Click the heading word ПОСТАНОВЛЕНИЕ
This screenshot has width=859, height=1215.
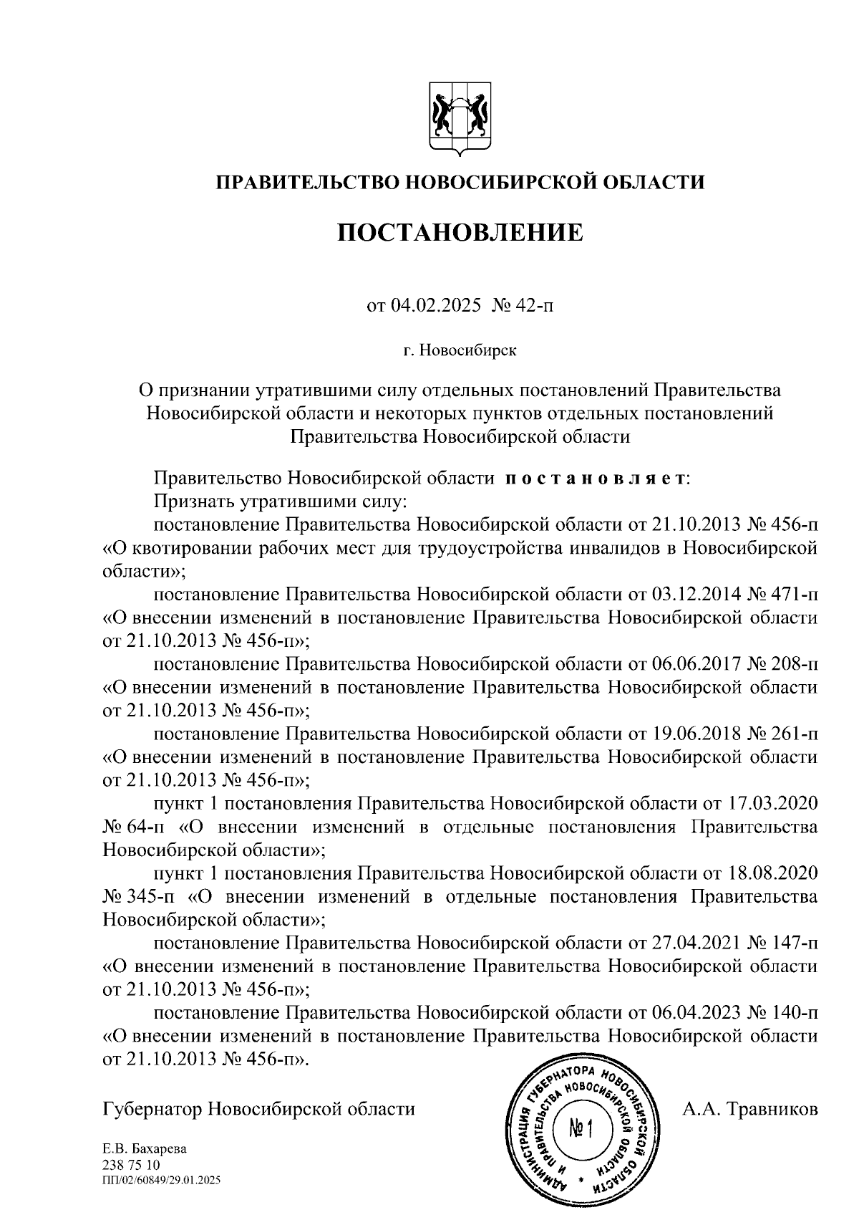pyautogui.click(x=460, y=232)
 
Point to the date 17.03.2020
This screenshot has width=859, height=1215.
pyautogui.click(x=772, y=803)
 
